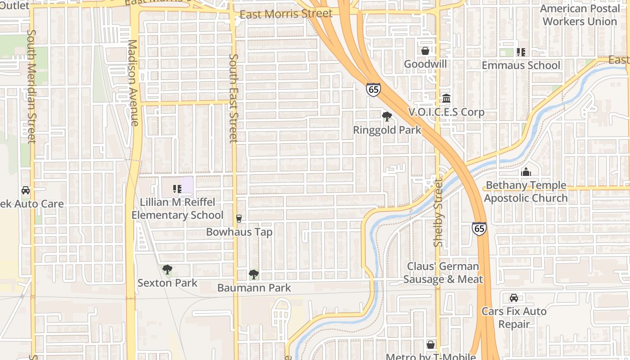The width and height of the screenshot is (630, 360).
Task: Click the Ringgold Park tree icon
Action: click(x=387, y=117)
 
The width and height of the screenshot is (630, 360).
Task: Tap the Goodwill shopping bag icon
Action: click(x=425, y=51)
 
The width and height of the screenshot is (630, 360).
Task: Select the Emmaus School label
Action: click(x=521, y=65)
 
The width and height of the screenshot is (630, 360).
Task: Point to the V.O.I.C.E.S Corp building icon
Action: click(x=446, y=98)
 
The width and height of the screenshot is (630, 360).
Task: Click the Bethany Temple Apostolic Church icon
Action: click(x=526, y=172)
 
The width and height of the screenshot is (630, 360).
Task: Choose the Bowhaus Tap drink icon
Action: click(x=239, y=219)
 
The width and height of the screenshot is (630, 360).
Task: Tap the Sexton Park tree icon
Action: click(x=167, y=270)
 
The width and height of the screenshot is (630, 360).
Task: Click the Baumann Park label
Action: click(x=254, y=288)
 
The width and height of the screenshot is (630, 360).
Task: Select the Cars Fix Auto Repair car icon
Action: click(x=514, y=298)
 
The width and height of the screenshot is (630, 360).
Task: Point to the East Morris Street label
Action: click(x=286, y=14)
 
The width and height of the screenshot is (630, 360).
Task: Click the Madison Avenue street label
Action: click(x=133, y=83)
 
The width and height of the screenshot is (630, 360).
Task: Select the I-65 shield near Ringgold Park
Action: click(x=373, y=89)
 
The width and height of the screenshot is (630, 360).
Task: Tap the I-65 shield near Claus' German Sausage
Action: click(x=479, y=228)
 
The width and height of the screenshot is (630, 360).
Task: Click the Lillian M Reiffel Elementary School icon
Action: click(x=177, y=189)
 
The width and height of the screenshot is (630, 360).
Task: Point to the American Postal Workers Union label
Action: click(x=580, y=15)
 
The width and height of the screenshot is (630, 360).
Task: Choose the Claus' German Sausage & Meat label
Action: click(x=443, y=273)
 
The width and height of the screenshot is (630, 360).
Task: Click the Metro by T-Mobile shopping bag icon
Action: click(x=431, y=345)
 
